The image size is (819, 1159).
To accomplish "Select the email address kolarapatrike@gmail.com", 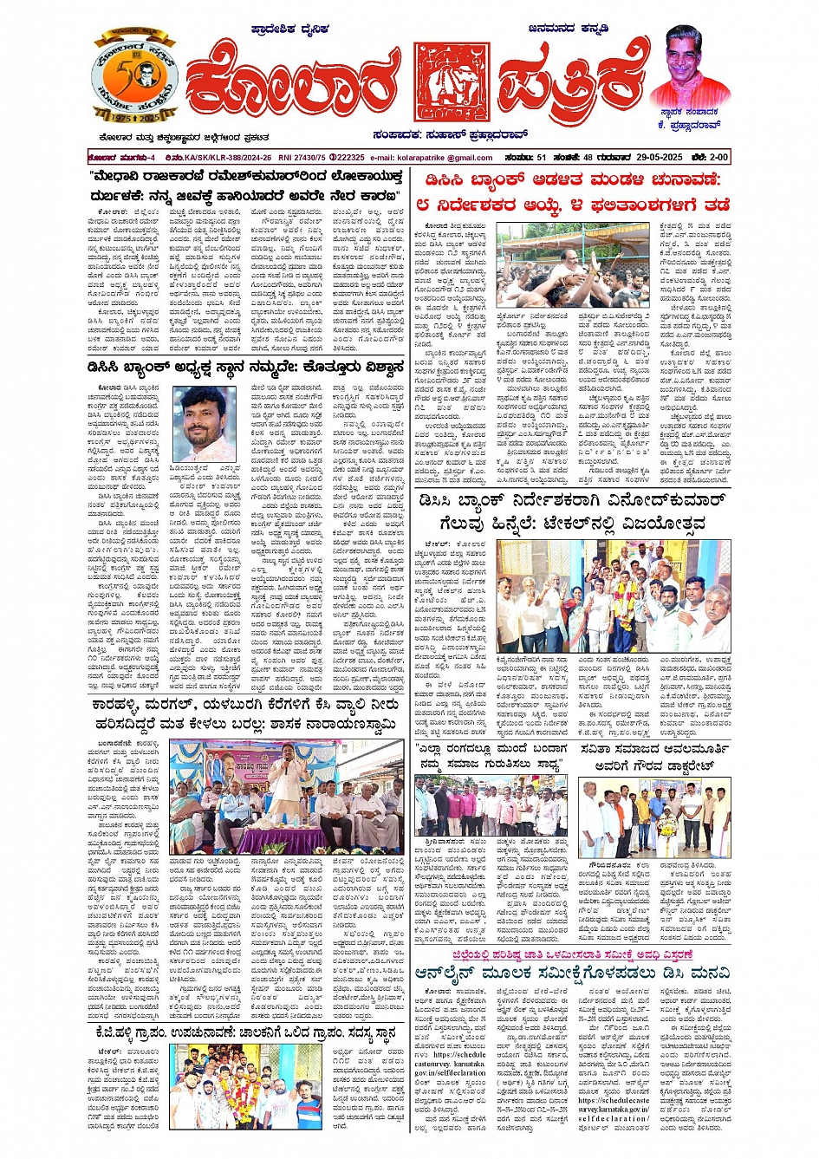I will pyautogui.click(x=432, y=158).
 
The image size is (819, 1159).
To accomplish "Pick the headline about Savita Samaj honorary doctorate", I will pyautogui.click(x=656, y=756).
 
